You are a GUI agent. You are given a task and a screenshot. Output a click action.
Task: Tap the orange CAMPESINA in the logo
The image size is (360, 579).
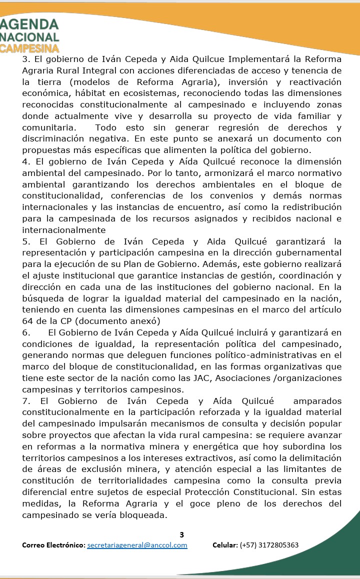pos(29,48)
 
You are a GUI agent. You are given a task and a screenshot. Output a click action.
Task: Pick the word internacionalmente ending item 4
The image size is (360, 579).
pos(64,229)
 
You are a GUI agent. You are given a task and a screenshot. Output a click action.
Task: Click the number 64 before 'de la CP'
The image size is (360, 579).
pos(27,321)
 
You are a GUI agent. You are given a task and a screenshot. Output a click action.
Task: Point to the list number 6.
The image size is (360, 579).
pos(26,332)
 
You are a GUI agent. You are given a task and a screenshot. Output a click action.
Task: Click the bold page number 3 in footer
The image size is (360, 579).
pos(181,534)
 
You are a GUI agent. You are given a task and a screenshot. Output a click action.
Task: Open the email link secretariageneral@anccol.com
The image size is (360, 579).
pos(137,545)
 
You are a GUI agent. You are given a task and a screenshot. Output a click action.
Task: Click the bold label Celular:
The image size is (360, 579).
pos(225,545)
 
